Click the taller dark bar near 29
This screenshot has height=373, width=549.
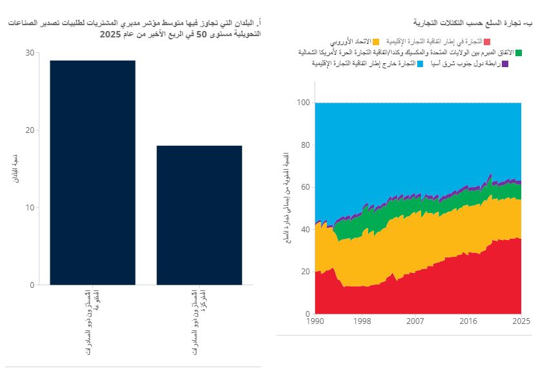(92, 172)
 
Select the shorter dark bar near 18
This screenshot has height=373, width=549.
(199, 215)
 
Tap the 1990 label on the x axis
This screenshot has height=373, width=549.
(315, 321)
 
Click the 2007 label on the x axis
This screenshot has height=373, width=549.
(415, 321)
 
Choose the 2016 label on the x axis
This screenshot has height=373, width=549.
(468, 321)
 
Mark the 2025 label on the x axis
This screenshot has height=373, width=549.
(521, 321)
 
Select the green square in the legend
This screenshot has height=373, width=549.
(519, 52)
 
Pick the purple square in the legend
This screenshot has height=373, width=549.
(505, 64)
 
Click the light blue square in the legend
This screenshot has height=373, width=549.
(420, 64)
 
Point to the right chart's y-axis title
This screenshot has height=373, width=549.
(287, 197)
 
